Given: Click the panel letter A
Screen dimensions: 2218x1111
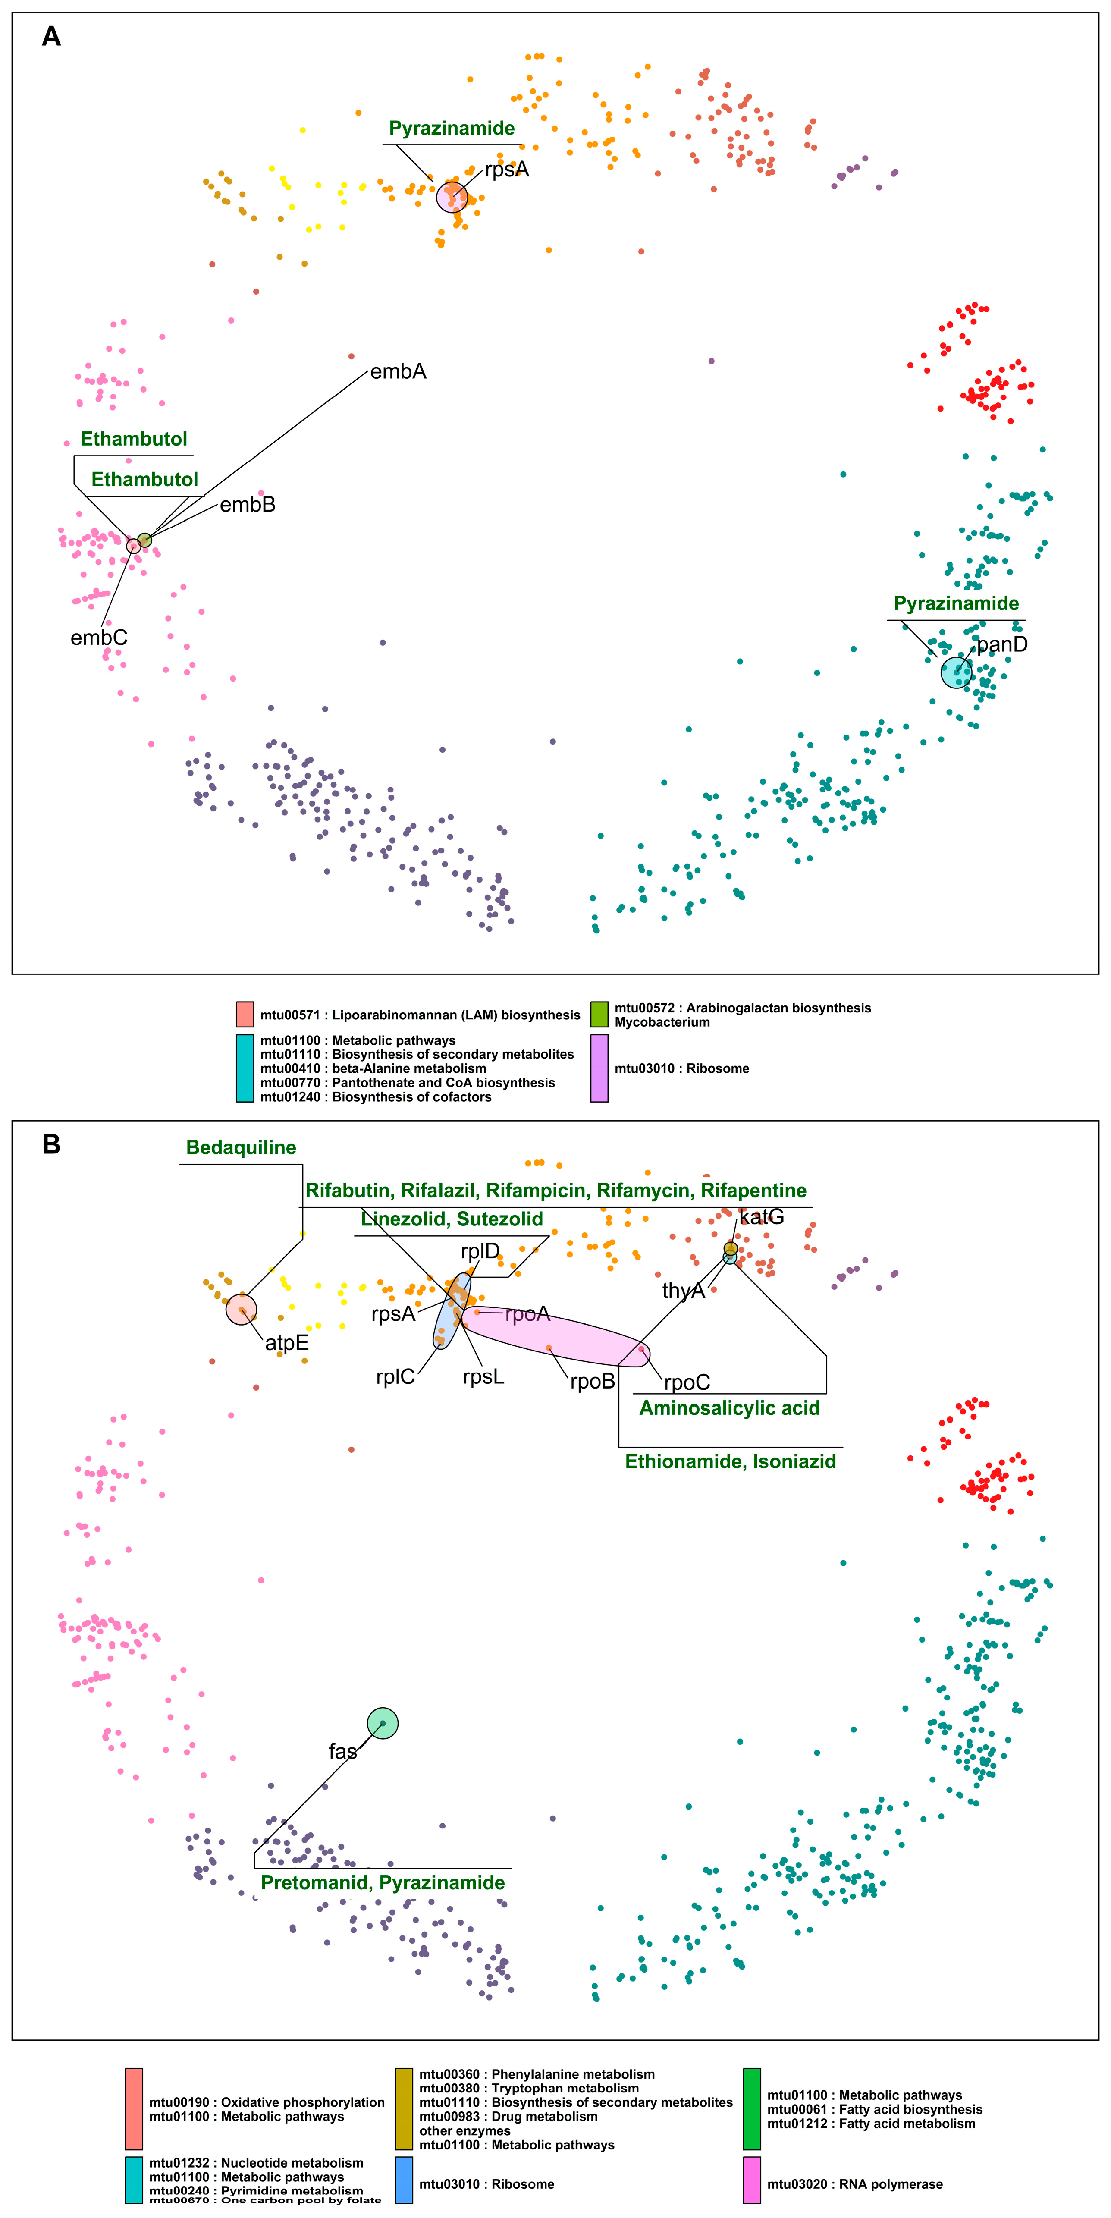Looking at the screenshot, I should (52, 36).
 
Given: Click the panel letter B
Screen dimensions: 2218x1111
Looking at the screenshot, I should (52, 1144).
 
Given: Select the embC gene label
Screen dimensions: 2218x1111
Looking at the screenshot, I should (99, 638).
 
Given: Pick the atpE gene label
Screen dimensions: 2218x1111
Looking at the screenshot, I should (286, 1343).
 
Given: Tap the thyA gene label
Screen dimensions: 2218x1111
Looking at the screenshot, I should (683, 1291).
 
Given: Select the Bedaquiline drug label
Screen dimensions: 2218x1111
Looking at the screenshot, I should (241, 1148).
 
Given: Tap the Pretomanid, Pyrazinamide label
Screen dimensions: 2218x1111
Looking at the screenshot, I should (383, 1883).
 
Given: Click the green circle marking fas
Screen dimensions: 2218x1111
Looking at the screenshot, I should (383, 1723).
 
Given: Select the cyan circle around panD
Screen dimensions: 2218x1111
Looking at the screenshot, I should (956, 672).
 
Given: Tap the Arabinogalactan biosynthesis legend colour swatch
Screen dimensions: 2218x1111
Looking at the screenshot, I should (599, 1014).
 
